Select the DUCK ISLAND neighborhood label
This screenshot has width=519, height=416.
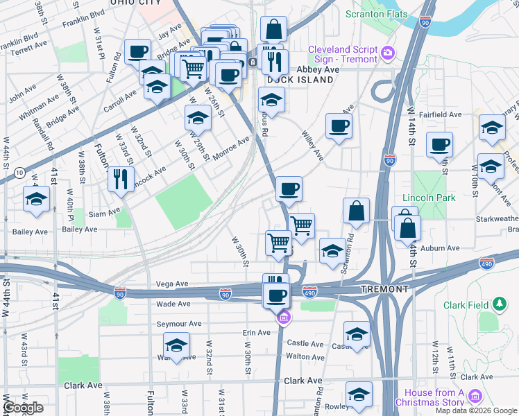(x=306, y=80)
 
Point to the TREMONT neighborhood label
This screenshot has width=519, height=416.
(x=384, y=288)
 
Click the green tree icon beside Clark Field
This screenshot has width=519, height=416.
(x=499, y=304)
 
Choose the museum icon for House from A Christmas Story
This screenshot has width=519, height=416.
(x=475, y=397)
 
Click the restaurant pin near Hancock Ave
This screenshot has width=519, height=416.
(x=121, y=179)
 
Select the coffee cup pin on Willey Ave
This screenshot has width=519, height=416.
(x=339, y=126)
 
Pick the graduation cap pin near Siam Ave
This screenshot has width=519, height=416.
(x=36, y=199)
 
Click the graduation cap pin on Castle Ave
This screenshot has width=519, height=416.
(x=357, y=335)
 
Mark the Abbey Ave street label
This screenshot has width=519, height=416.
(x=318, y=69)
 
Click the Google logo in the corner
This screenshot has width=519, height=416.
(x=23, y=408)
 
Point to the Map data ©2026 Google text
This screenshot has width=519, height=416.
(x=476, y=410)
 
